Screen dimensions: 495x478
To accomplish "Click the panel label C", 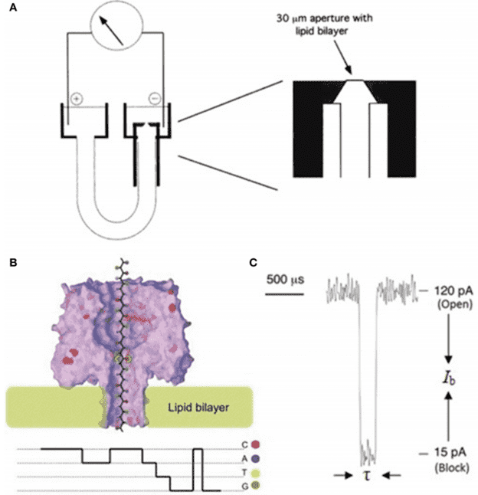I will click(254, 263).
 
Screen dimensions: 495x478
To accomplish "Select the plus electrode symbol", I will click(77, 99).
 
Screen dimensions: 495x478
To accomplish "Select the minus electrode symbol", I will click(154, 99).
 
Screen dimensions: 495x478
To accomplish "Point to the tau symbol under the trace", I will click(365, 477).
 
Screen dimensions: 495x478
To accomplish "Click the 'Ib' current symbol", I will click(448, 375).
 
